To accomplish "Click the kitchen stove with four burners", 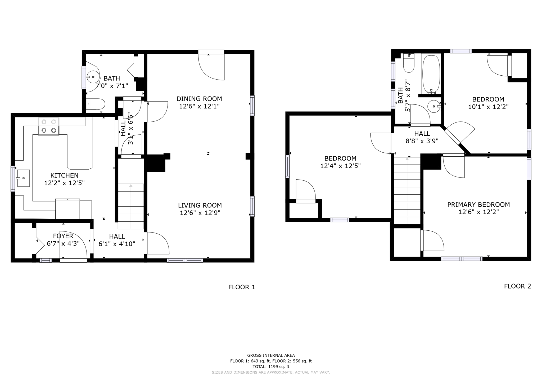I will click(x=49, y=126).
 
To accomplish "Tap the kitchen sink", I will click(x=23, y=178).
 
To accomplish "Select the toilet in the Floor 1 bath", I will click(x=96, y=104).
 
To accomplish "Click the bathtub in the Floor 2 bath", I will click(x=431, y=74).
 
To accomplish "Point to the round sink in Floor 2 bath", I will click(x=434, y=106).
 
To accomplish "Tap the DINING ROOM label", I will click(x=199, y=99).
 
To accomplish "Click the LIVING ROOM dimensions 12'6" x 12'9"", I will click(x=200, y=213).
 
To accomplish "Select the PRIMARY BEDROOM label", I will click(x=478, y=204).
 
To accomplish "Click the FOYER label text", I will click(x=63, y=236).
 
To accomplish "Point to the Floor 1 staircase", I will click(x=131, y=206).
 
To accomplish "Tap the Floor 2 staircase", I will click(x=407, y=190).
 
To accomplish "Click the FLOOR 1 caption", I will click(x=242, y=287).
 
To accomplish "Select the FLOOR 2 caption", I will click(x=517, y=286).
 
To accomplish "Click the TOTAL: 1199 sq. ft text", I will click(x=271, y=367).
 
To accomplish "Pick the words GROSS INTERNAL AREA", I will click(x=271, y=355).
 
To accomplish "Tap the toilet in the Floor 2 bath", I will click(x=409, y=64).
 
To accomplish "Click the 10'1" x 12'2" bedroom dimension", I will click(x=488, y=107).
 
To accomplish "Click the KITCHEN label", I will click(x=64, y=175).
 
